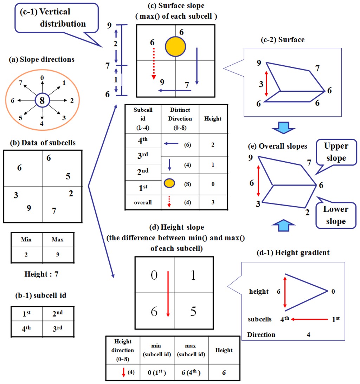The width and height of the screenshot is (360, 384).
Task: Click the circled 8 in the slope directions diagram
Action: (42, 100)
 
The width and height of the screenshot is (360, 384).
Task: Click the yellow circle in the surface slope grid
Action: (175, 47)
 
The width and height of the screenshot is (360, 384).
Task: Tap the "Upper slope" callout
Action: (336, 152)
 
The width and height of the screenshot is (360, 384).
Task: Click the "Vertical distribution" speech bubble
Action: (56, 18)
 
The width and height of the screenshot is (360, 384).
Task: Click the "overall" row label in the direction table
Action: (143, 202)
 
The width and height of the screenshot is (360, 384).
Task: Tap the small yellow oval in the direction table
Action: (169, 183)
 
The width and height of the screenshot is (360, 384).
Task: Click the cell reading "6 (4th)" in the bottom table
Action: (191, 372)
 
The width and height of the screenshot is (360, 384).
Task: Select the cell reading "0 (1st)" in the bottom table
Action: (157, 372)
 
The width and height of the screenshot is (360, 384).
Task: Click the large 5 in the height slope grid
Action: (193, 311)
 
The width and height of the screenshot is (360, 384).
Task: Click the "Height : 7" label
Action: (41, 274)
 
